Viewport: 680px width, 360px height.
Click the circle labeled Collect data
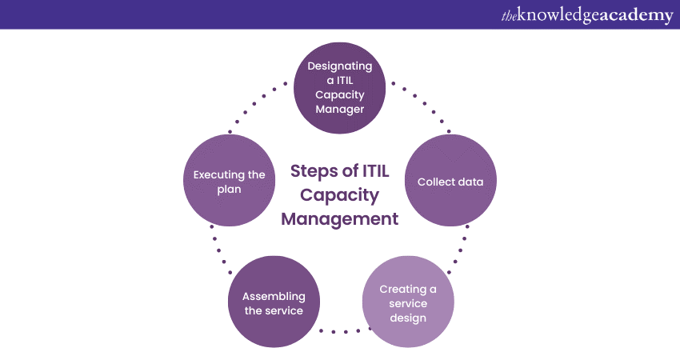(450, 181)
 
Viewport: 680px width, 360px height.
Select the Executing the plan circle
(229, 181)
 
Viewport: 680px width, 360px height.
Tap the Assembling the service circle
(274, 302)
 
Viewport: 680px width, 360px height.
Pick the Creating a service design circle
(408, 302)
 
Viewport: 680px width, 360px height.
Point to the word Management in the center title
(339, 218)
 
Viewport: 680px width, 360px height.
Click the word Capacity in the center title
(339, 194)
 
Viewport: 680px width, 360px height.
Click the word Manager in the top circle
(340, 109)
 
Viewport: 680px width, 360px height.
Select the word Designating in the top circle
(340, 66)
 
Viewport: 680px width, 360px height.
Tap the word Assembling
(274, 296)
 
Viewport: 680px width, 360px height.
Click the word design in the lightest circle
(408, 318)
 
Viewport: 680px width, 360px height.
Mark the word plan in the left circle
(229, 189)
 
